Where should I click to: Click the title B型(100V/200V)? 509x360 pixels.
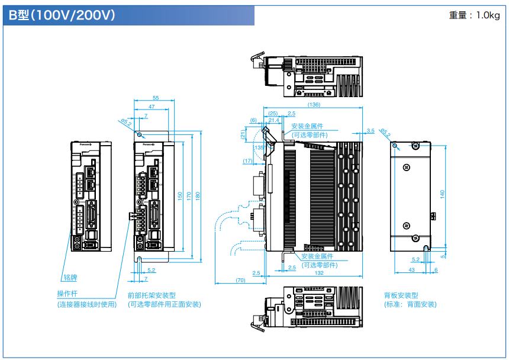click(x=62, y=15)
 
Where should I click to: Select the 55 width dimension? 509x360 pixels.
click(x=156, y=98)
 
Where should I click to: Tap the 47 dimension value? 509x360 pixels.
click(x=152, y=107)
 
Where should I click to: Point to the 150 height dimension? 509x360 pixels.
click(x=180, y=195)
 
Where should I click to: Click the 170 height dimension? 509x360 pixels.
click(x=189, y=195)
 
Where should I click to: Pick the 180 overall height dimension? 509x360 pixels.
click(x=198, y=195)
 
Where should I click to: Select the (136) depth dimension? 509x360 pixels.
click(x=314, y=105)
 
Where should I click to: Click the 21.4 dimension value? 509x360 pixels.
click(x=273, y=120)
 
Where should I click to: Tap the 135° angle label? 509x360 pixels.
click(x=258, y=147)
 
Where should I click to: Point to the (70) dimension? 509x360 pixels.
click(x=240, y=280)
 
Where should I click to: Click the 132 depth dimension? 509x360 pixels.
click(x=318, y=273)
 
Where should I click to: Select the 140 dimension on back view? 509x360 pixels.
click(x=442, y=194)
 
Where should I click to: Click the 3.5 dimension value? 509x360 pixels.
click(x=371, y=130)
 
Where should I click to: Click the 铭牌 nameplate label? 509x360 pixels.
click(x=70, y=277)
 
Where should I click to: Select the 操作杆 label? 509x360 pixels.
click(x=67, y=294)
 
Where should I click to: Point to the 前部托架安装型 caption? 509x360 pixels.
click(x=152, y=294)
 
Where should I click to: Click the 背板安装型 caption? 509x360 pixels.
click(x=401, y=294)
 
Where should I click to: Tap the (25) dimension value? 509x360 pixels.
click(x=273, y=113)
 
